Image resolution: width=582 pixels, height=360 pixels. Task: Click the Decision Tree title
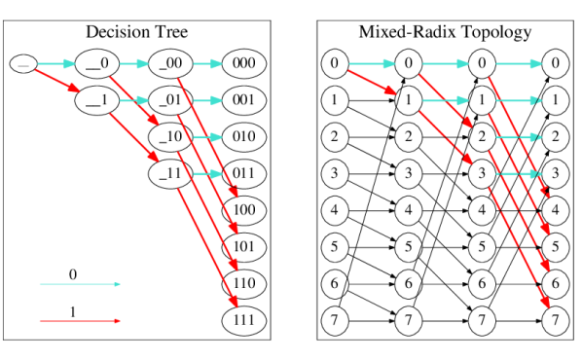137,32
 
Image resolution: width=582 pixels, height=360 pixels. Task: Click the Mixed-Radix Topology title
446,32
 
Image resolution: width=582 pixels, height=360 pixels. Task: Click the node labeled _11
171,173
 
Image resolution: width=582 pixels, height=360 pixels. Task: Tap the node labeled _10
171,136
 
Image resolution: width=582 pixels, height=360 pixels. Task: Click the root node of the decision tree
24,64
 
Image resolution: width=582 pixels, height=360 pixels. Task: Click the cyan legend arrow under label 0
80,284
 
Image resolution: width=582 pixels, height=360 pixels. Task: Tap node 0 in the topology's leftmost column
335,64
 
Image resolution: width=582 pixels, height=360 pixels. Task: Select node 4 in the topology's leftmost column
335,210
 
